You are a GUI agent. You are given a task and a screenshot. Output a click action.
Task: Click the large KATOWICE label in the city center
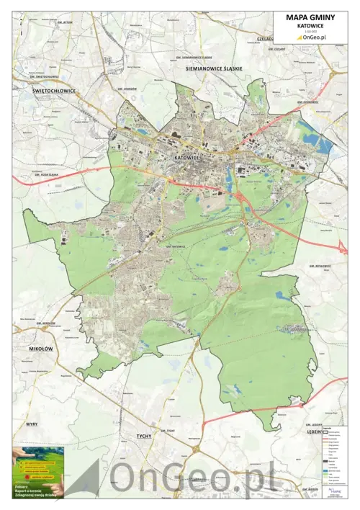191,156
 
